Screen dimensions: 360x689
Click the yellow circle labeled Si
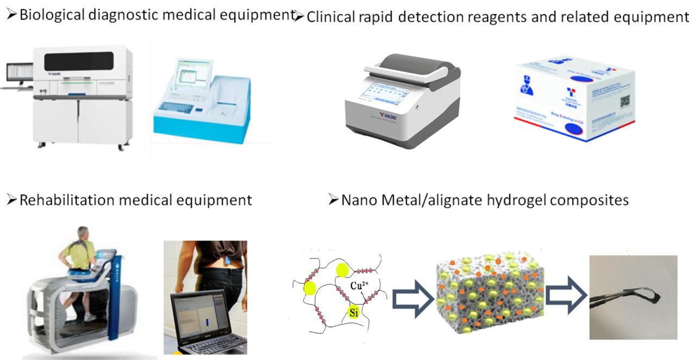tap(354, 312)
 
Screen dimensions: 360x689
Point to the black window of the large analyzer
tap(79, 61)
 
